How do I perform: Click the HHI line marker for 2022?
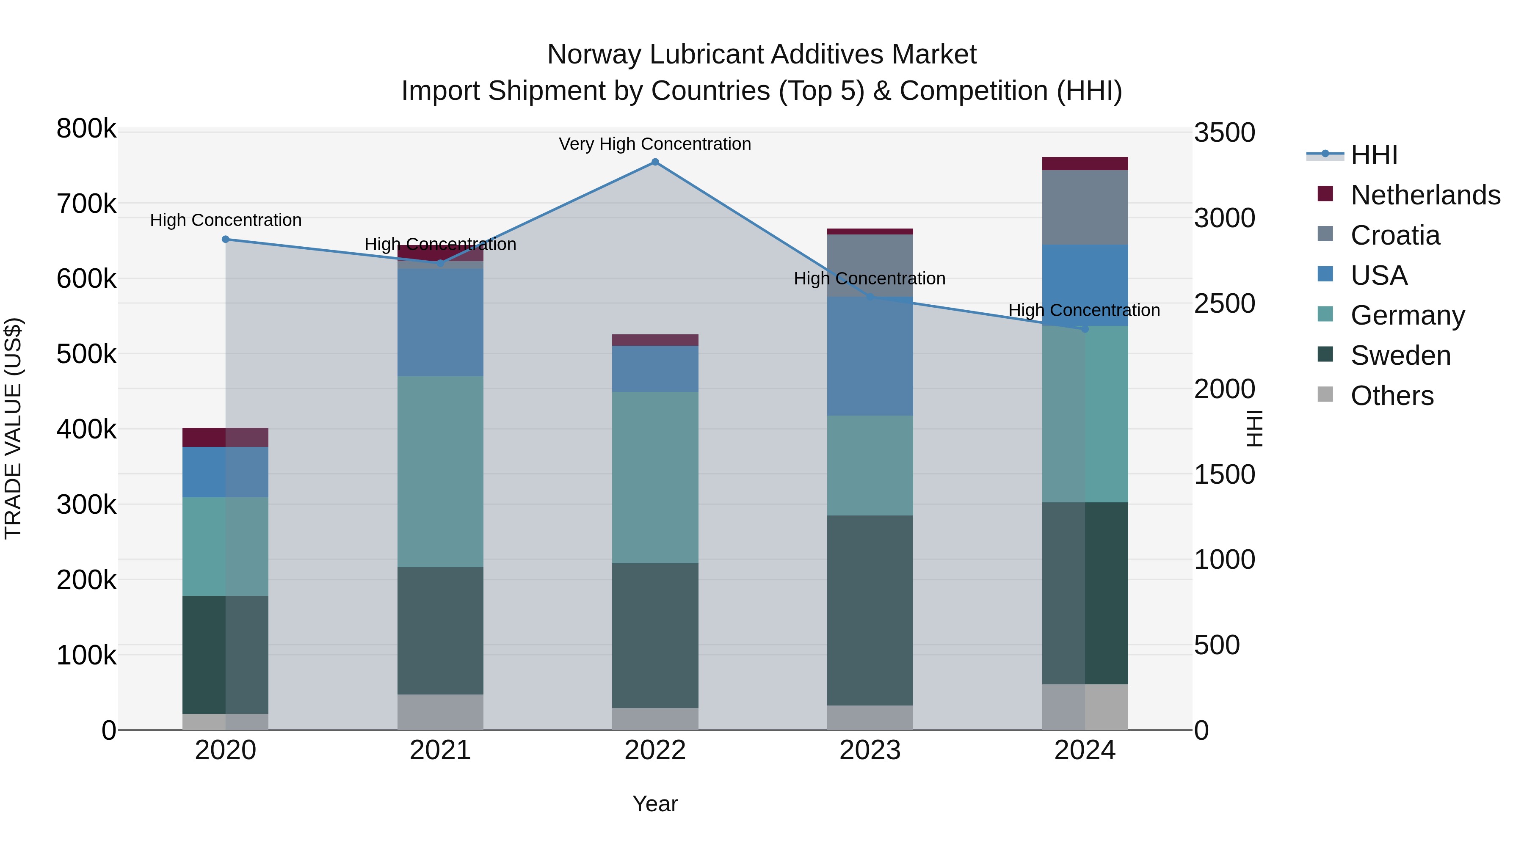[x=655, y=162]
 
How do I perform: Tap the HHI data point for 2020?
[x=225, y=240]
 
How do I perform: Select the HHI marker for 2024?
[x=1085, y=329]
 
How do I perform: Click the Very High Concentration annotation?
[x=655, y=144]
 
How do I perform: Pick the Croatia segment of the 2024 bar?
[x=1085, y=207]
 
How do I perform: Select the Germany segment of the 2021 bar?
[x=440, y=471]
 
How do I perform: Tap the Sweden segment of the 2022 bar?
[x=655, y=635]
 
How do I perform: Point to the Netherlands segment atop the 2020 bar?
[x=225, y=437]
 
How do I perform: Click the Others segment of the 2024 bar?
[x=1085, y=707]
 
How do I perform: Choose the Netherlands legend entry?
[x=1425, y=195]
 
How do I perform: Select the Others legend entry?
[x=1391, y=396]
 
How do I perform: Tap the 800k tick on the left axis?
[x=86, y=129]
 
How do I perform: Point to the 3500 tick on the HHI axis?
[x=1224, y=132]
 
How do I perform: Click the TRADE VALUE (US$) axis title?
[x=13, y=428]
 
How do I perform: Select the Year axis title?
[x=655, y=804]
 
